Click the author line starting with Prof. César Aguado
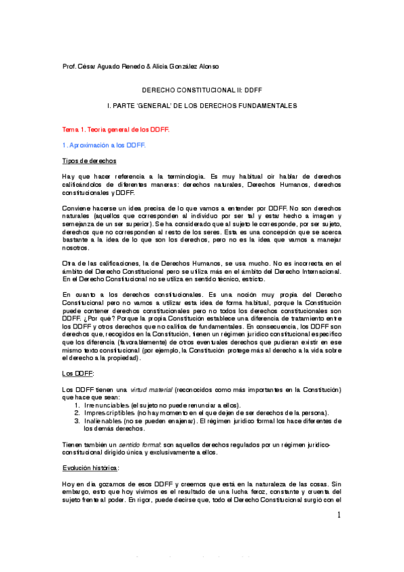(140, 66)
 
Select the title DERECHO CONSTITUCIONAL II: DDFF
(202, 89)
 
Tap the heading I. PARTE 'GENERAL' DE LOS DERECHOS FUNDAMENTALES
(202, 107)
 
